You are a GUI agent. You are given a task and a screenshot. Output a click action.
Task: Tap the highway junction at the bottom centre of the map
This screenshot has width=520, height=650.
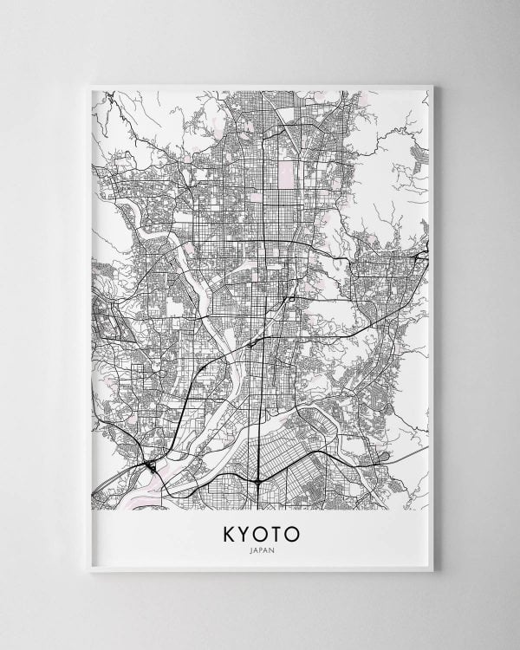point(258,478)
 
